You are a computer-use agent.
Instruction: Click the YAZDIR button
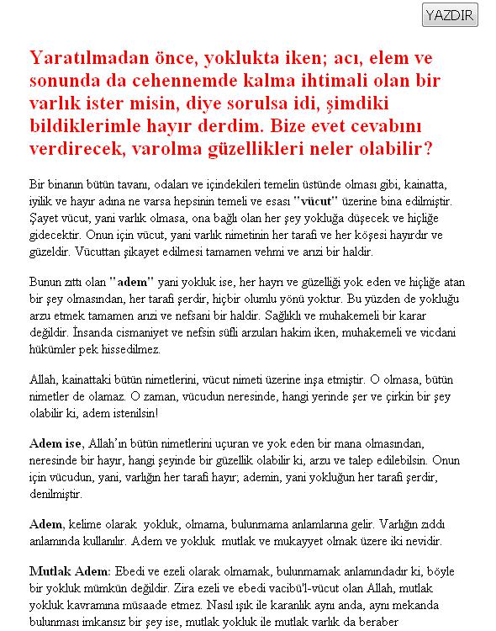tap(450, 15)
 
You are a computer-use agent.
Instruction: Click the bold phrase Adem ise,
tap(56, 443)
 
